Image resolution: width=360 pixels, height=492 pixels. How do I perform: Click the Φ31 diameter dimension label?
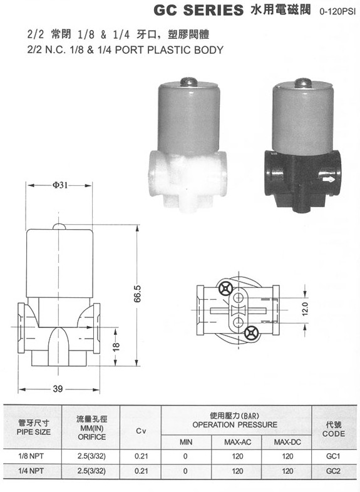pyautogui.click(x=60, y=185)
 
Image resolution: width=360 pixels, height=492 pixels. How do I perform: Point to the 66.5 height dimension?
pyautogui.click(x=138, y=294)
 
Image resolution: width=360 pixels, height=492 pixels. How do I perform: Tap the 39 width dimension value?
pyautogui.click(x=58, y=389)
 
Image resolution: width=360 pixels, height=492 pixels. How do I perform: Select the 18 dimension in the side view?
pyautogui.click(x=116, y=347)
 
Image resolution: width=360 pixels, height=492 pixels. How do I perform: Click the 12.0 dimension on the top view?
pyautogui.click(x=306, y=309)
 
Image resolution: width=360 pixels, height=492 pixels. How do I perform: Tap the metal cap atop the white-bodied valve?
pyautogui.click(x=188, y=82)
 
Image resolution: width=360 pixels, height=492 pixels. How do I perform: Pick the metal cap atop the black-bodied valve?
pyautogui.click(x=303, y=83)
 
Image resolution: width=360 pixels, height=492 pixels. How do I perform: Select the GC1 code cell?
pyautogui.click(x=333, y=456)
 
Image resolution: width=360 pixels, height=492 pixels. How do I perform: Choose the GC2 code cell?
pyautogui.click(x=333, y=471)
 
